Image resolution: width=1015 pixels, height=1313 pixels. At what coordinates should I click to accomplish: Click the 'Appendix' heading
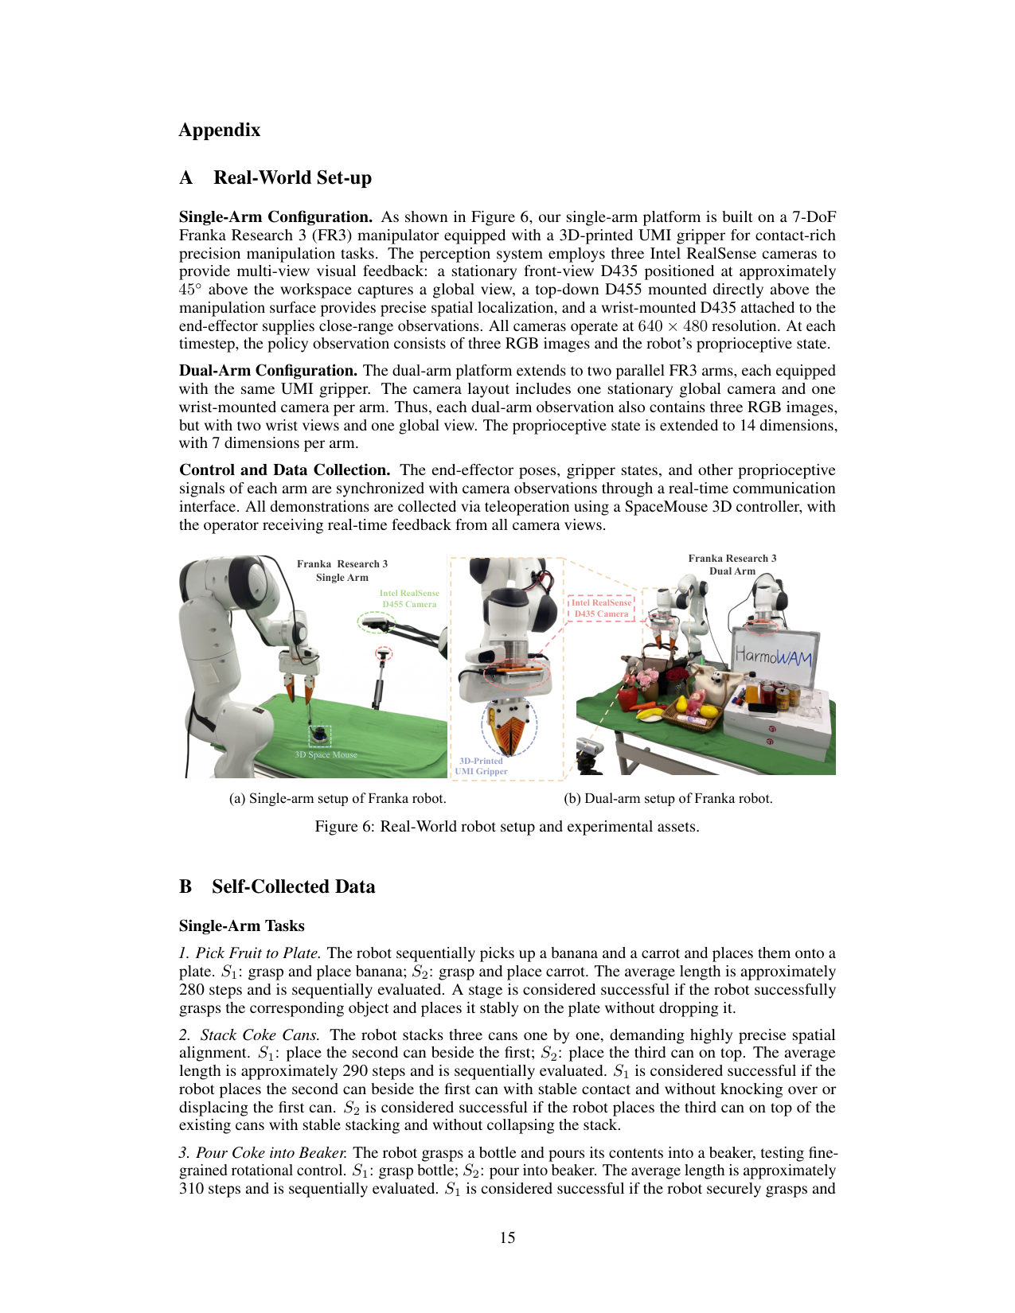[220, 130]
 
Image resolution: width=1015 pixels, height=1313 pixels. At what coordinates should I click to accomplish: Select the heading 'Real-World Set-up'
[293, 177]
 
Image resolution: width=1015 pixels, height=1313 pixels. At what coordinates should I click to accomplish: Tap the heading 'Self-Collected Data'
[293, 886]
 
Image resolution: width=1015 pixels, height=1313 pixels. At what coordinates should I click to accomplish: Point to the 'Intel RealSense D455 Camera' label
[409, 598]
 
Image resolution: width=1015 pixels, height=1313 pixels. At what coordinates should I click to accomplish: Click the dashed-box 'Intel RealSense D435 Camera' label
[601, 608]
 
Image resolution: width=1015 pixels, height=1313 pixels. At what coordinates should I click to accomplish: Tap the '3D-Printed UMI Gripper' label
[481, 766]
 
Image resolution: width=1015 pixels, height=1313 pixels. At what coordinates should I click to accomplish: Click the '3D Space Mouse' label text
[326, 754]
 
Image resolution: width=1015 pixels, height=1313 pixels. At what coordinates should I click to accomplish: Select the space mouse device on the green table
[319, 735]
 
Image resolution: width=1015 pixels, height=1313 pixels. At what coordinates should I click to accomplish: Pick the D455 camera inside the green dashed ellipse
[376, 621]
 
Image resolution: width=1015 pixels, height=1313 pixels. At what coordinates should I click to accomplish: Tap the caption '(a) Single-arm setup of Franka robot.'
[338, 798]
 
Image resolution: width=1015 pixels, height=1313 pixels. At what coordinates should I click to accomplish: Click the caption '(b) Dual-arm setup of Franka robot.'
[668, 798]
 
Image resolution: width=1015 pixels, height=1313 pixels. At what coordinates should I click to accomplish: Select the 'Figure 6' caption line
[507, 827]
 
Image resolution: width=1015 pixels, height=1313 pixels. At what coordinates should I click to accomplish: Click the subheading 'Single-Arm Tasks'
[242, 925]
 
